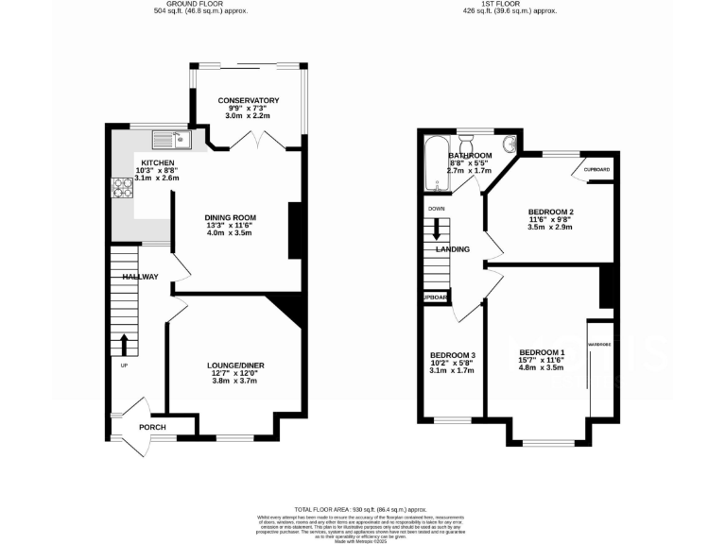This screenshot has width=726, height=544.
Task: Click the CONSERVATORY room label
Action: pos(248,100)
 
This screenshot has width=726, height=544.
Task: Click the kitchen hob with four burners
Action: pos(121,186)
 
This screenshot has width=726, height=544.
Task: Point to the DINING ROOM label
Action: pos(232,217)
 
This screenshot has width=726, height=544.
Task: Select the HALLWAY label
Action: pos(139,277)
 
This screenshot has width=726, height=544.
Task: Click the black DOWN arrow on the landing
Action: pos(437,228)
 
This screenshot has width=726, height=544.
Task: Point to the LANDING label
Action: pos(453,249)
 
